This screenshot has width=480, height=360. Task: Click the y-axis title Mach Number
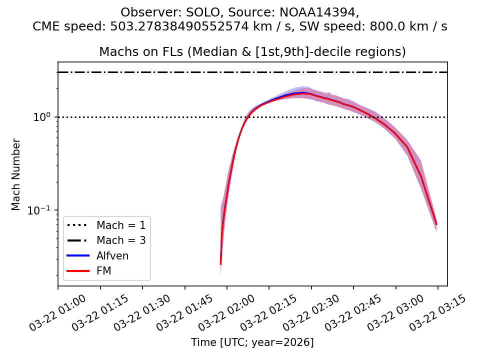(16, 174)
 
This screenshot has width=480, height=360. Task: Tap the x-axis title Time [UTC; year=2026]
(252, 342)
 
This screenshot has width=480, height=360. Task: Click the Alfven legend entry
(112, 256)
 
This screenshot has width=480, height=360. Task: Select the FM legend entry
(104, 271)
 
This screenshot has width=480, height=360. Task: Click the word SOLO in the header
(186, 12)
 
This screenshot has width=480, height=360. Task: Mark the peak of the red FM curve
(302, 93)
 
